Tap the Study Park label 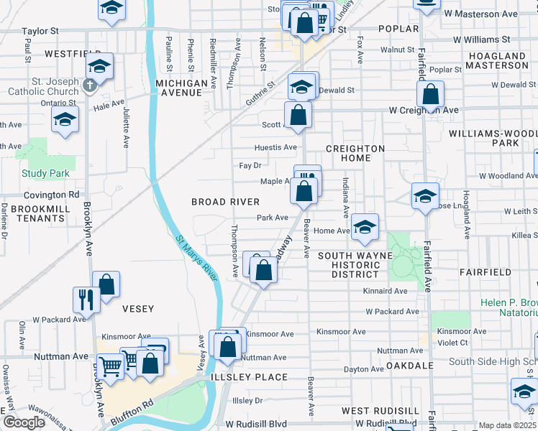pyautogui.click(x=46, y=173)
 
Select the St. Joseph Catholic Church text pyautogui.click(x=43, y=86)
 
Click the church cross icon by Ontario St pyautogui.click(x=89, y=86)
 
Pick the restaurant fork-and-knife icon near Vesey pyautogui.click(x=86, y=299)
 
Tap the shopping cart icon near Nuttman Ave pyautogui.click(x=110, y=366)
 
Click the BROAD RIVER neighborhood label pyautogui.click(x=225, y=202)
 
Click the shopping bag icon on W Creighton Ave pyautogui.click(x=429, y=94)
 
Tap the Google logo pyautogui.click(x=24, y=422)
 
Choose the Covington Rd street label pyautogui.click(x=50, y=195)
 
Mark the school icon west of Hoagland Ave pyautogui.click(x=424, y=195)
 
